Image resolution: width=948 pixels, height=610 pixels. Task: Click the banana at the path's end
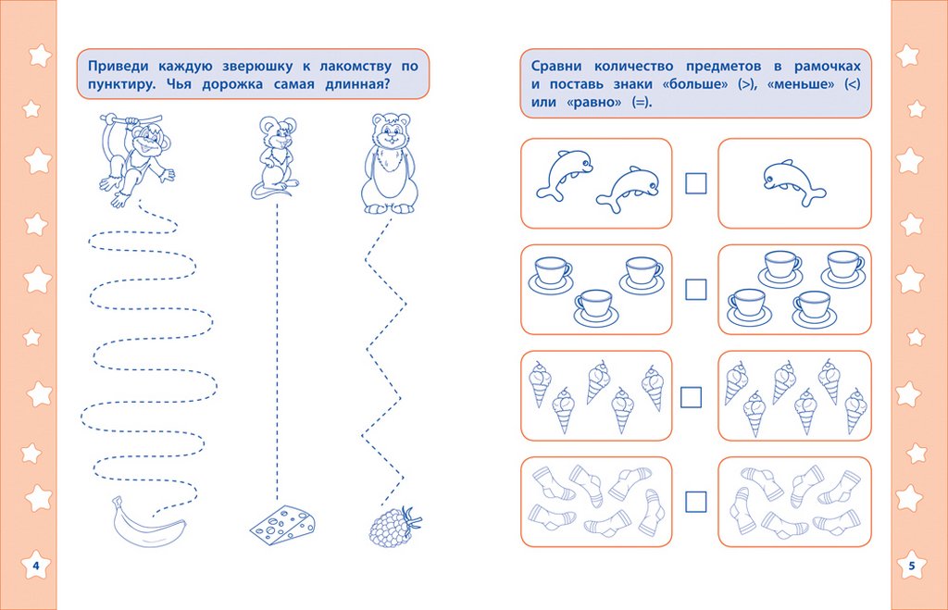pyautogui.click(x=145, y=526)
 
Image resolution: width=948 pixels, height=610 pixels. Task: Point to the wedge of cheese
pyautogui.click(x=282, y=525)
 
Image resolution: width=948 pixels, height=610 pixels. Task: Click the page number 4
pyautogui.click(x=35, y=565)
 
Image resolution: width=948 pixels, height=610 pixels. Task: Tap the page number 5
pyautogui.click(x=911, y=565)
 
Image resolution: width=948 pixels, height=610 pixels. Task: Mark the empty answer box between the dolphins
pyautogui.click(x=695, y=183)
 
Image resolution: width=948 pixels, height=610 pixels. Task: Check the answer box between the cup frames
pyautogui.click(x=695, y=290)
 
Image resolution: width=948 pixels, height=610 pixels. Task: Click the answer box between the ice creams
pyautogui.click(x=692, y=397)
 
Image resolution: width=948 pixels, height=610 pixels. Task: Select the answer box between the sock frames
pyautogui.click(x=695, y=503)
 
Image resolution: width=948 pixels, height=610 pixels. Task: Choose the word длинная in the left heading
pyautogui.click(x=352, y=85)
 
